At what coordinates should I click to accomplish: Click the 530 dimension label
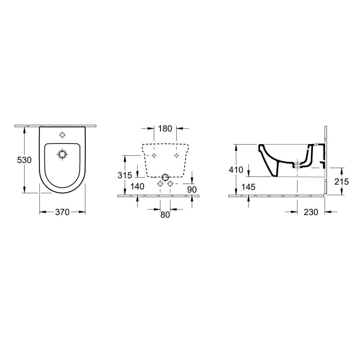pyautogui.click(x=24, y=160)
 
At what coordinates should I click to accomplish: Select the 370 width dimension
pyautogui.click(x=62, y=212)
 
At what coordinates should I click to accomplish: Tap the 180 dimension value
pyautogui.click(x=165, y=129)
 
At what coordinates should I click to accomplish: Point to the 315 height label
pyautogui.click(x=125, y=175)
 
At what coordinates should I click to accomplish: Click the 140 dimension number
pyautogui.click(x=137, y=186)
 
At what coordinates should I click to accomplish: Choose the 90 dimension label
pyautogui.click(x=192, y=189)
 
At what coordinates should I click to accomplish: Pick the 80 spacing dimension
pyautogui.click(x=165, y=215)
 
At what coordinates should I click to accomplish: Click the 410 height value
pyautogui.click(x=236, y=170)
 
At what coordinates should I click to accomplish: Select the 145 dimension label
pyautogui.click(x=249, y=187)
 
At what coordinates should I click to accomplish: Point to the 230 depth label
pyautogui.click(x=310, y=212)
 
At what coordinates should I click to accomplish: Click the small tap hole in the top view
pyautogui.click(x=62, y=135)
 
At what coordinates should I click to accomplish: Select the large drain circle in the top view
pyautogui.click(x=62, y=154)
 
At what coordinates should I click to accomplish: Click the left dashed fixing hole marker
pyautogui.click(x=154, y=155)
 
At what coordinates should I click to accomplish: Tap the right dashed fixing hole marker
pyautogui.click(x=176, y=155)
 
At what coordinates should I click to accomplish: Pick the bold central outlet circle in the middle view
pyautogui.click(x=165, y=177)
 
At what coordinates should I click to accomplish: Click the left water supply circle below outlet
pyautogui.click(x=160, y=183)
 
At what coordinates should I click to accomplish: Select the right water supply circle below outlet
pyautogui.click(x=170, y=183)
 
